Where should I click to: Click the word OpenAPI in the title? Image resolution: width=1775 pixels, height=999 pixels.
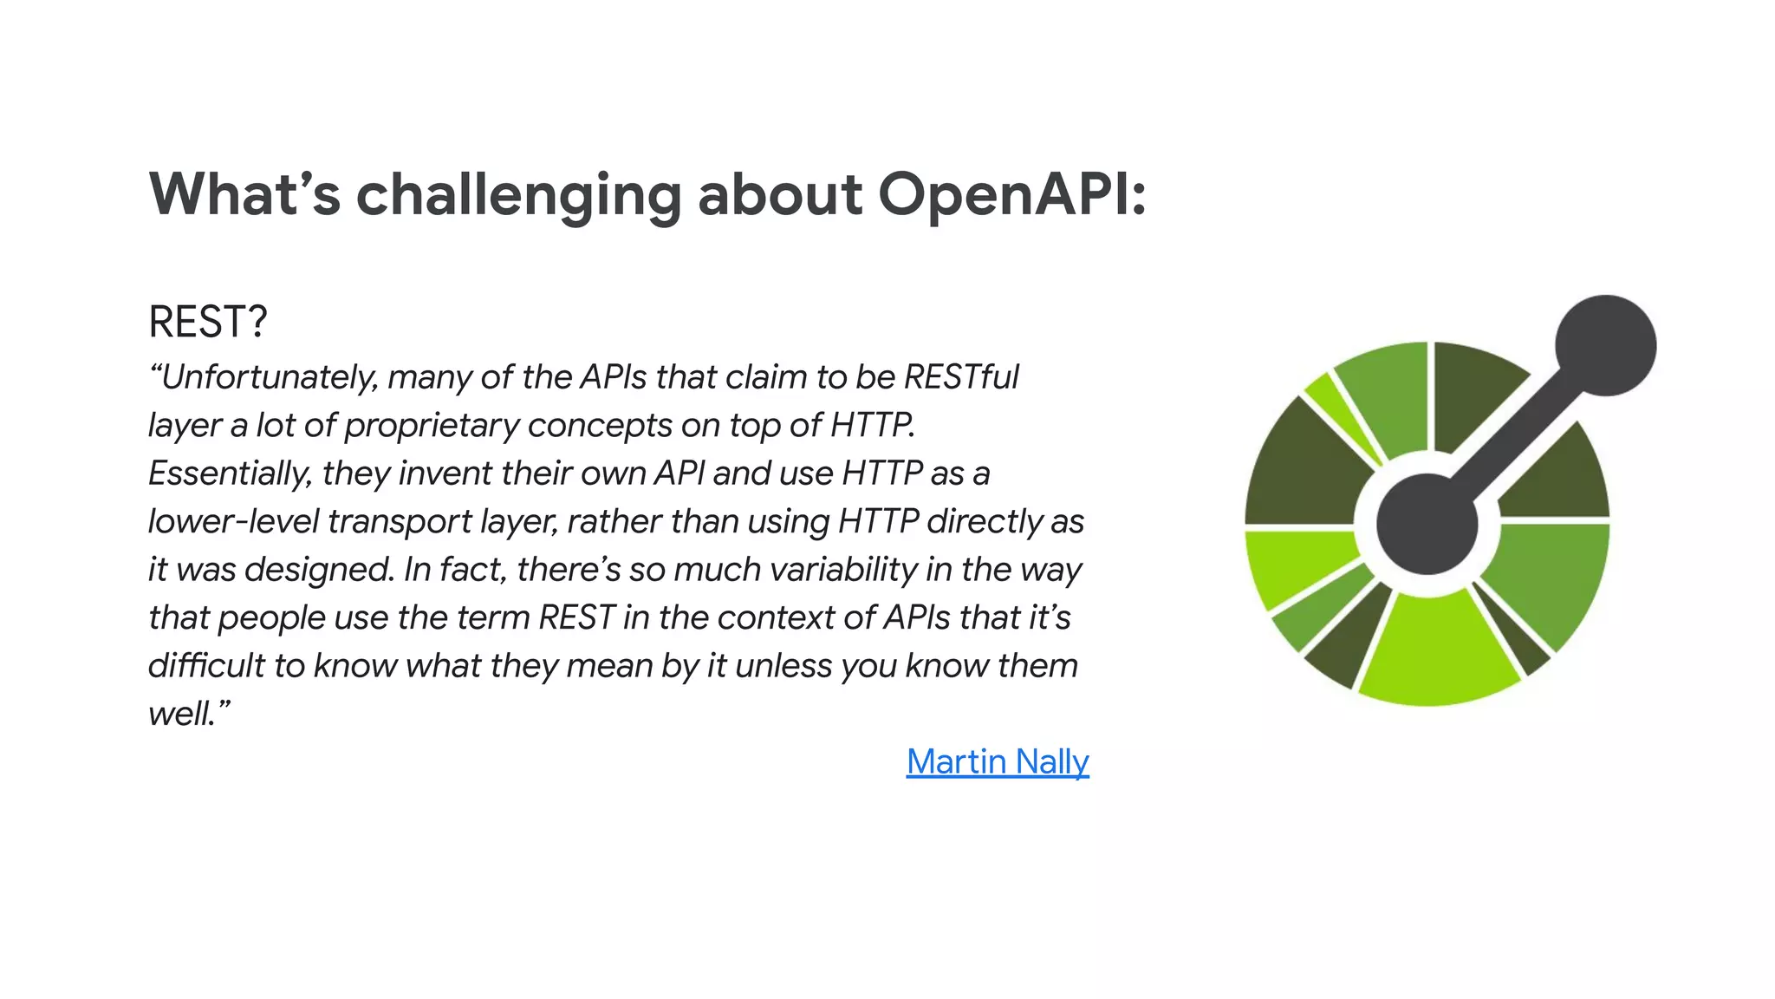[x=1012, y=194]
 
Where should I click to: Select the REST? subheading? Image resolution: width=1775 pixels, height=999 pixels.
[x=208, y=322]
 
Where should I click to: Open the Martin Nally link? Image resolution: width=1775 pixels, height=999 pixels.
[x=998, y=761]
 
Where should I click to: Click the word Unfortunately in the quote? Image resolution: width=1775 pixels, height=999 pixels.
[x=269, y=378]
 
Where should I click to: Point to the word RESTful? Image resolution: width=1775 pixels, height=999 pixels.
[x=961, y=377]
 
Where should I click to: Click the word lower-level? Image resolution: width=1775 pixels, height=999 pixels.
[x=233, y=521]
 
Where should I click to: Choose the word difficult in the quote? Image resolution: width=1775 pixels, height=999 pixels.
[x=206, y=666]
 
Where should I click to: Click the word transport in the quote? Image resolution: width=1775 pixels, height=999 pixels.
[x=400, y=521]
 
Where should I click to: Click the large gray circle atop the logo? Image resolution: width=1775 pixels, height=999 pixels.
[x=1605, y=345]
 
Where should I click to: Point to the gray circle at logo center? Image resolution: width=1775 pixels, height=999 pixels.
[x=1427, y=524]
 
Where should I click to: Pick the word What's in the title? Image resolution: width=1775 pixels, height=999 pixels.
[x=245, y=194]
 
